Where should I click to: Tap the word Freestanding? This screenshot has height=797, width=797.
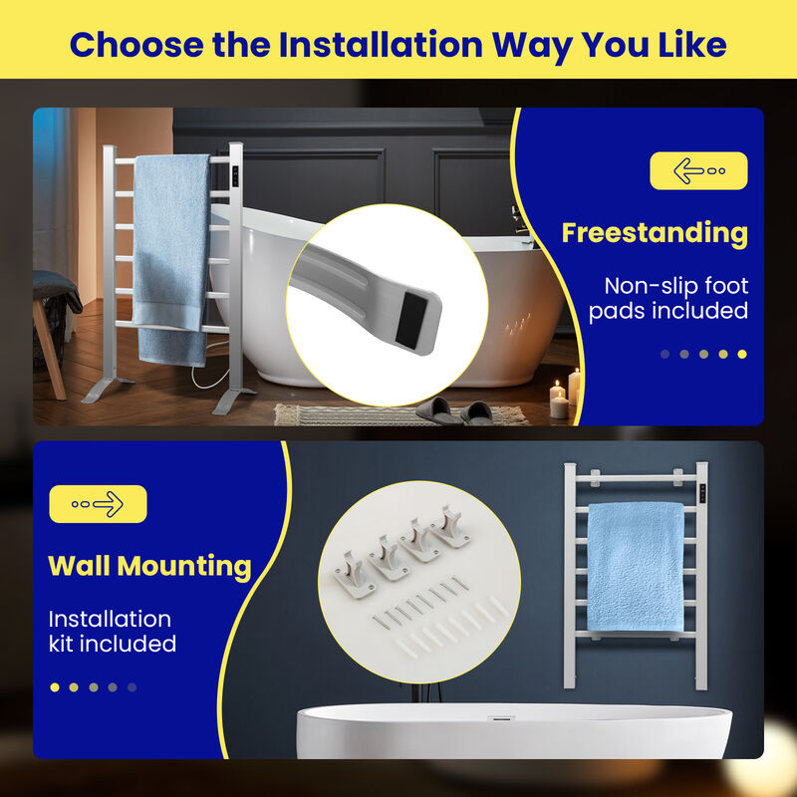tap(655, 233)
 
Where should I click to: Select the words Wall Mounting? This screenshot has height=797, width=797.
tap(149, 566)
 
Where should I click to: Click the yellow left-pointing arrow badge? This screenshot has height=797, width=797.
tap(697, 170)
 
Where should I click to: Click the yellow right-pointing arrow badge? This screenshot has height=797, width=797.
tap(98, 504)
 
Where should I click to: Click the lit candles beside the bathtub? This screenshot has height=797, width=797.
tap(565, 394)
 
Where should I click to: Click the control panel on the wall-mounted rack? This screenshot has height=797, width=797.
tap(703, 493)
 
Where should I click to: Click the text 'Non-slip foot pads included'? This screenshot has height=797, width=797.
tap(667, 299)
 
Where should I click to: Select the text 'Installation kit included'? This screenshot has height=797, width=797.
tap(113, 632)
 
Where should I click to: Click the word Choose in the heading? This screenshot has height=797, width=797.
tap(139, 45)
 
